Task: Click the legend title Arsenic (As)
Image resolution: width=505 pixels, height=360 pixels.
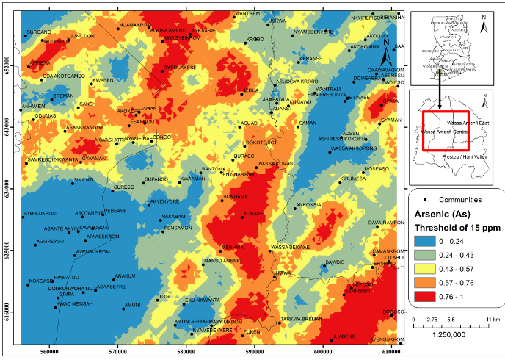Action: point(443,213)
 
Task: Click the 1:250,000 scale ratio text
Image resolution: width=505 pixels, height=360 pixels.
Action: point(446,335)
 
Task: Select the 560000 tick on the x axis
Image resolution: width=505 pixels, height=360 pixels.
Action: point(49,352)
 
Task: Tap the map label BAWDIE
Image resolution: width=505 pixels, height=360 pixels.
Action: point(334,262)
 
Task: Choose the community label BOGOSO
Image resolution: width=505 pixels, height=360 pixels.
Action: point(393,312)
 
